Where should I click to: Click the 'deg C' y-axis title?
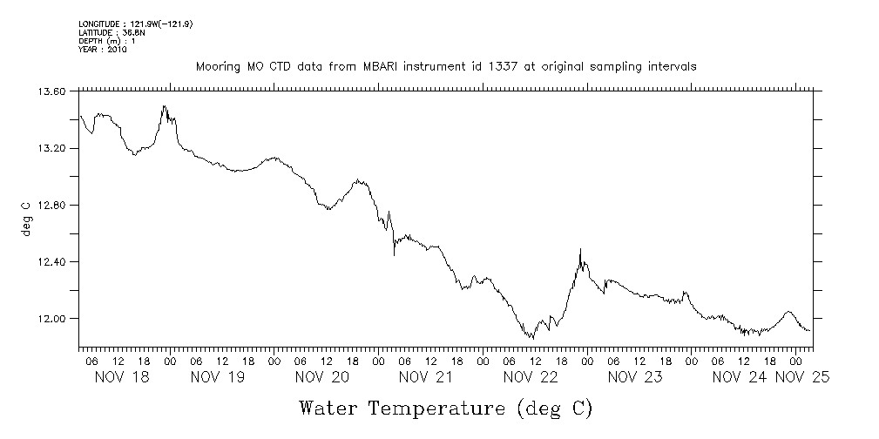pos(25,218)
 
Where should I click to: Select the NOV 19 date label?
pos(217,377)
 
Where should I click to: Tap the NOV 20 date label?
pos(321,377)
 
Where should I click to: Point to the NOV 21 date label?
pos(426,377)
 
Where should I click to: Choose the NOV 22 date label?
pos(530,377)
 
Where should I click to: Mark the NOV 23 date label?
pos(634,377)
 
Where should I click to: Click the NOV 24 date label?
pos(740,377)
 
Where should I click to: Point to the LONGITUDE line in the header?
pos(135,24)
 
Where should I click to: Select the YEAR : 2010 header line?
pos(103,50)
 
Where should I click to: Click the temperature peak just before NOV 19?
pos(164,106)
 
